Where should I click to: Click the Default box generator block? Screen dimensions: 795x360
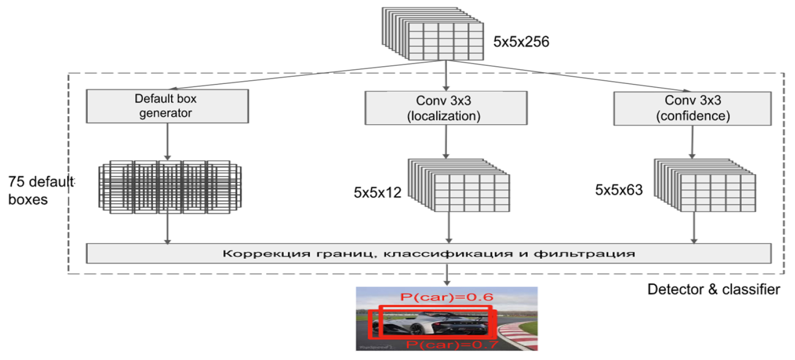pos(167,106)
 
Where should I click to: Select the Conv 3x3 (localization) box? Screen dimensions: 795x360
pos(446,108)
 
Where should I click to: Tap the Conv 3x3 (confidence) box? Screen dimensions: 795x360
pos(692,108)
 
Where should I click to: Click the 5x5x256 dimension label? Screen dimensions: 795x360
pos(521,42)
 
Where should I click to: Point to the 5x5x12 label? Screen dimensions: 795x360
pos(377,193)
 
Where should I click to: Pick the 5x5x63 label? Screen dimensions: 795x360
pos(618,190)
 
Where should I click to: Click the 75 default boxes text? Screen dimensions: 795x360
pos(41,191)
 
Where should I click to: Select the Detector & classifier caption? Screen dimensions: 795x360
pos(714,289)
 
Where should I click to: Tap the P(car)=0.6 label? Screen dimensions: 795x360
pos(446,297)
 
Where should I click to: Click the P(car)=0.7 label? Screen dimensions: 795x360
pos(452,345)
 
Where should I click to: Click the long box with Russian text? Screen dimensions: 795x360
pos(429,253)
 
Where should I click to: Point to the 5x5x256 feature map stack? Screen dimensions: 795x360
pos(433,34)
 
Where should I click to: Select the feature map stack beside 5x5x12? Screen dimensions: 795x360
pos(459,185)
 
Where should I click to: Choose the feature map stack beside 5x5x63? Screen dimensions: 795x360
pos(705,185)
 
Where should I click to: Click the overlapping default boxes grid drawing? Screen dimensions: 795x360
pos(170,187)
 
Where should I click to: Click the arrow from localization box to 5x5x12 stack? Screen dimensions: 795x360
pos(446,142)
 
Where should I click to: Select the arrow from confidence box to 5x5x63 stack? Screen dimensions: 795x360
pos(692,142)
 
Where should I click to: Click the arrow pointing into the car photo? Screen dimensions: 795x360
pos(447,275)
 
